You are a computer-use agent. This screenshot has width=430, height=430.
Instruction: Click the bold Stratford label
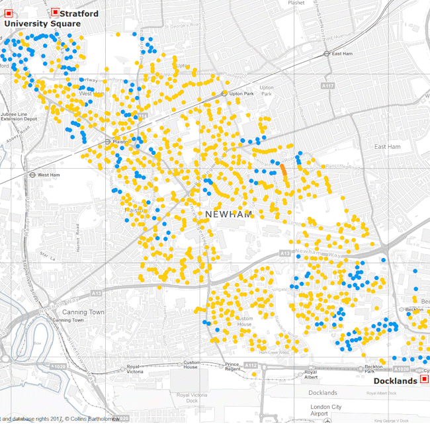pos(79,13)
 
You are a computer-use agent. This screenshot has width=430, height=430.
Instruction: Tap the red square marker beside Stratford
pos(54,12)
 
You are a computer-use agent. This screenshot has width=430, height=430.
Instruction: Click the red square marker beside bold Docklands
pos(424,380)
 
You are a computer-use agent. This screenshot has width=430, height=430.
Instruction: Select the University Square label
pos(42,24)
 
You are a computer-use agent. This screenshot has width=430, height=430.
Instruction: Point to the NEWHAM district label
pos(229,214)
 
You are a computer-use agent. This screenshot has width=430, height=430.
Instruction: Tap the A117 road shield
pos(327,86)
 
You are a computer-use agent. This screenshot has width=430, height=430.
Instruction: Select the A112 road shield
pos(250,365)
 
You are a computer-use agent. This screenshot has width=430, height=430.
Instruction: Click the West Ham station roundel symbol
pos(32,175)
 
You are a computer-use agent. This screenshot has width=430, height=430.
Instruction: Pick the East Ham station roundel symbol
pos(327,54)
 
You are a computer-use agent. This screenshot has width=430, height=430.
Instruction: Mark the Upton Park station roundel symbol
pos(225,93)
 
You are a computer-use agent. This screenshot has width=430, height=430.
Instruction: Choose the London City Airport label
pos(326,411)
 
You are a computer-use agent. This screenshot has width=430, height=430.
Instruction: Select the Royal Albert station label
pos(310,375)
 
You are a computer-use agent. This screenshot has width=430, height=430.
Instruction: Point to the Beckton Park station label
pos(374,369)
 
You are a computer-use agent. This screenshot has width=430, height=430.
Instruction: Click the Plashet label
pos(296,3)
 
